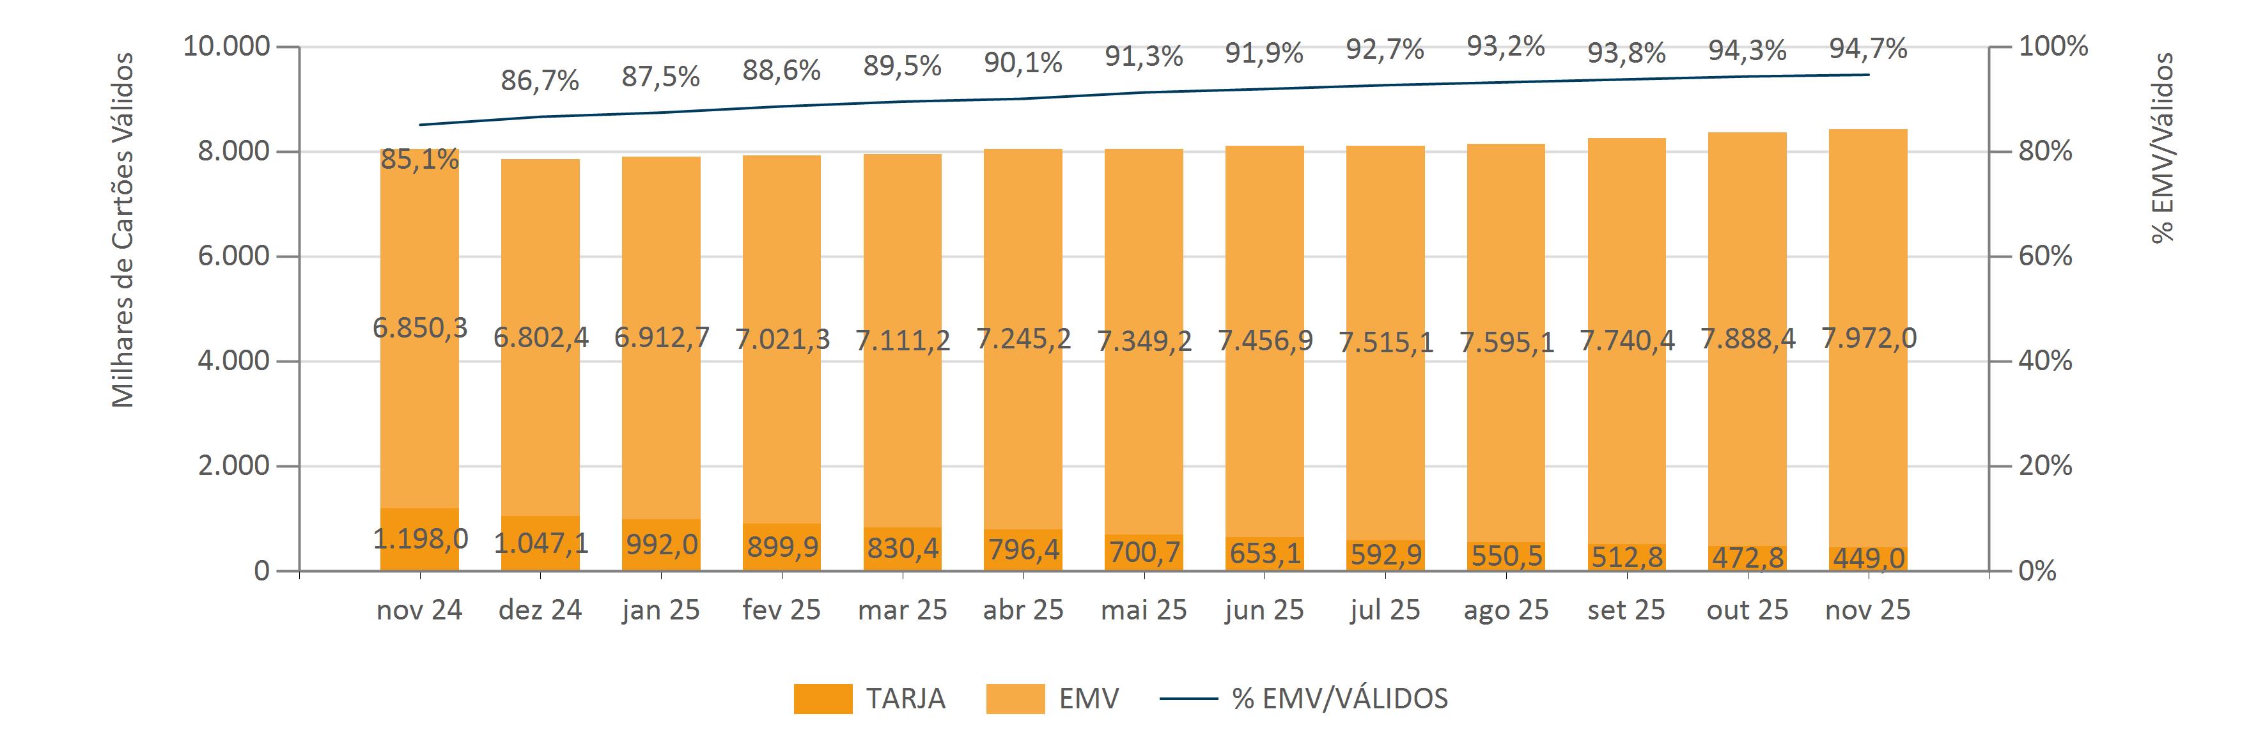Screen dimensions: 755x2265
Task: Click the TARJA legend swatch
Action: (822, 699)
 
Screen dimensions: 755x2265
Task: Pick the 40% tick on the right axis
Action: (2045, 361)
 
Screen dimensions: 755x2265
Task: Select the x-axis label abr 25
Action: (1023, 610)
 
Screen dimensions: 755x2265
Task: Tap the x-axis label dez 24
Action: (540, 610)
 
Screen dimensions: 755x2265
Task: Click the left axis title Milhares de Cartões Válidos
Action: (123, 230)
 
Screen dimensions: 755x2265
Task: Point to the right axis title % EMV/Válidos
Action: (2162, 148)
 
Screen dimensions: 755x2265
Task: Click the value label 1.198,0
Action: (419, 538)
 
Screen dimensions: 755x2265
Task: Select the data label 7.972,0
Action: (1869, 338)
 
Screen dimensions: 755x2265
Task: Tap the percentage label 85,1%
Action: (419, 159)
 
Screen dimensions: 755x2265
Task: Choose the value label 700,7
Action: (1144, 552)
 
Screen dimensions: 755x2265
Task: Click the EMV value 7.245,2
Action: (1024, 338)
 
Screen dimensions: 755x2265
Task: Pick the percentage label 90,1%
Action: (1023, 63)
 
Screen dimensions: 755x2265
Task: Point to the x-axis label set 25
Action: (1626, 610)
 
